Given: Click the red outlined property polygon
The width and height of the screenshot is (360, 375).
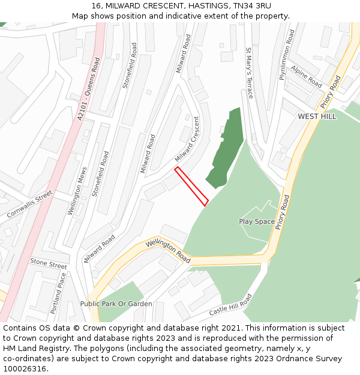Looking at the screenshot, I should click(191, 186).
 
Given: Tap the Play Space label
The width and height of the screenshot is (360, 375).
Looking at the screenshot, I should click(257, 221).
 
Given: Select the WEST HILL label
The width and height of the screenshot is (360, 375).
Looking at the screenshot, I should click(317, 116).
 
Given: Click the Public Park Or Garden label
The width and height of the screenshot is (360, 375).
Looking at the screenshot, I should click(116, 304).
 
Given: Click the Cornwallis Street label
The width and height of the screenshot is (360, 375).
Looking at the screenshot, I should click(30, 205).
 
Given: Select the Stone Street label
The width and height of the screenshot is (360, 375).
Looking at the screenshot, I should click(49, 263).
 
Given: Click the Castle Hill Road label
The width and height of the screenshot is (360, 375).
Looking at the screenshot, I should click(230, 306).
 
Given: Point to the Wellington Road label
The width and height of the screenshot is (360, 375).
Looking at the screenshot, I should click(168, 251).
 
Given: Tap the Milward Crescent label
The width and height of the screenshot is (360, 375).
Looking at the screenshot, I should click(187, 140).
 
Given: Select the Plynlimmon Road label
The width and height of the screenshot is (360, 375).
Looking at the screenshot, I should click(286, 55).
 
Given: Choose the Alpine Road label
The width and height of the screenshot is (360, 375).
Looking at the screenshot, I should click(307, 76).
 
